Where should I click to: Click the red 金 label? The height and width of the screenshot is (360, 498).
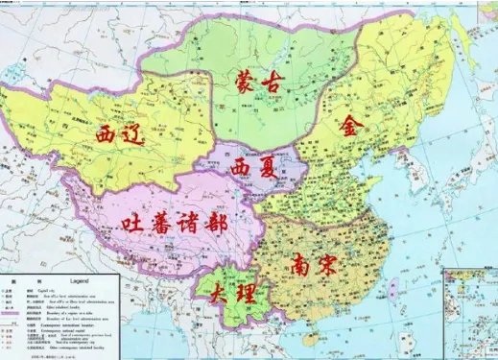[x=353, y=127]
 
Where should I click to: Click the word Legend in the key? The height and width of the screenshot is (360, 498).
[x=87, y=280]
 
